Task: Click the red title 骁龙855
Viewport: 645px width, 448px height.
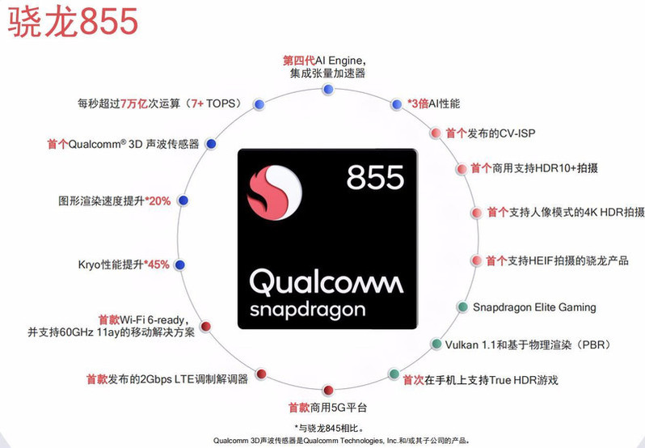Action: [74, 22]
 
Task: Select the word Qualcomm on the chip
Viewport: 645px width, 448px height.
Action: [326, 281]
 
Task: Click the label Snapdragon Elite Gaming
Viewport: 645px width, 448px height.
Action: [534, 307]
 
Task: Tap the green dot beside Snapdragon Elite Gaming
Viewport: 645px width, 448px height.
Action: [462, 307]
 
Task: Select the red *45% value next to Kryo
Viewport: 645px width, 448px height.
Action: [157, 264]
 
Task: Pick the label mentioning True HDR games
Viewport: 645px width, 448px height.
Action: [480, 379]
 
